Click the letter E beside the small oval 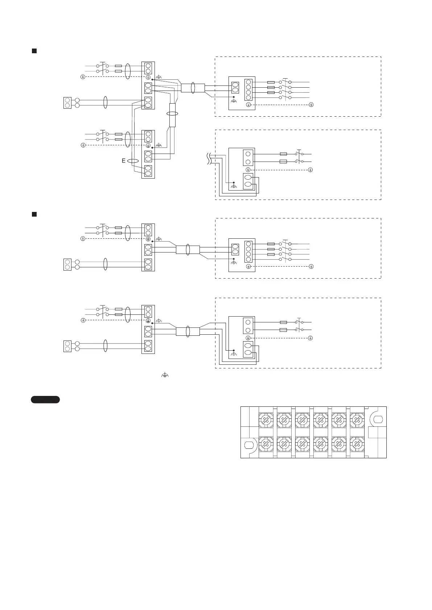pos(124,160)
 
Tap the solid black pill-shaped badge pos(45,400)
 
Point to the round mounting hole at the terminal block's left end pos(250,444)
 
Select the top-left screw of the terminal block pos(266,420)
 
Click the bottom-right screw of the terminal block pos(357,443)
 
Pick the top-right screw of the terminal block pos(357,420)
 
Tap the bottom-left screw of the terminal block pos(266,443)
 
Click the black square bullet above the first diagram pos(34,51)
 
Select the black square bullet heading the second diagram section pos(34,214)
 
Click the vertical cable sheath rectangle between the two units pos(173,115)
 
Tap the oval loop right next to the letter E pos(133,161)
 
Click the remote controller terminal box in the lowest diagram pos(67,346)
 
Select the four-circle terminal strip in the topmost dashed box pos(248,89)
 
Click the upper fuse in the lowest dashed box pos(284,322)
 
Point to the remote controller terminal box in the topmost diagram pos(67,103)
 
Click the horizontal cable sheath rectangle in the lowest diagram pos(188,331)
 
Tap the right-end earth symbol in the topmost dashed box pos(311,105)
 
